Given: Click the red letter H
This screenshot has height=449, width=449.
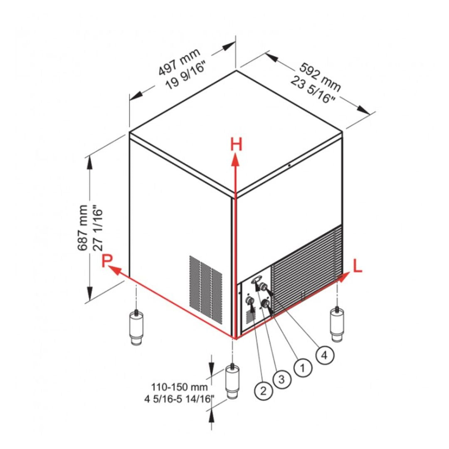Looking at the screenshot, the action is tap(236, 144).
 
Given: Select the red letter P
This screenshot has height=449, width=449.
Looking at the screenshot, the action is tap(107, 260).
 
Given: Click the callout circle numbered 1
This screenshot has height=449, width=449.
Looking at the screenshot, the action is tap(303, 367).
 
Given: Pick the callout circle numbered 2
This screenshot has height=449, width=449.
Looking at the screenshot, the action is tap(263, 390).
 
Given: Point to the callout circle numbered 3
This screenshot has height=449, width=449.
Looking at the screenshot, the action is tap(282, 379).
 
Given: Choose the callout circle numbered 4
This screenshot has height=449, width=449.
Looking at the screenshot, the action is tap(325, 355).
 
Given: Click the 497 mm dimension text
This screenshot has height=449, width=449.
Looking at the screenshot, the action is tap(179, 62).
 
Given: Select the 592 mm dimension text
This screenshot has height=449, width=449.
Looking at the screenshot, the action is tap(320, 77).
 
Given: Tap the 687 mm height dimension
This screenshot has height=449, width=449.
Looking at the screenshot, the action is tap(82, 228).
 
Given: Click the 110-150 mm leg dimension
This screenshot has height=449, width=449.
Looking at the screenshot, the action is tap(179, 387).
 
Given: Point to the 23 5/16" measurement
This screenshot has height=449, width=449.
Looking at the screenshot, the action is tap(313, 90).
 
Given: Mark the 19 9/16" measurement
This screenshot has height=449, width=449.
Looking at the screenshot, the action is tap(186, 76).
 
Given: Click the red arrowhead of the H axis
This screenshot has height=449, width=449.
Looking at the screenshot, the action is tap(236, 159).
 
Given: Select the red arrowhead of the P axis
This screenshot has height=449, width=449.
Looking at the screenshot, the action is tap(114, 270).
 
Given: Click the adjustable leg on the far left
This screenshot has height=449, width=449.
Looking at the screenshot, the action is tap(136, 327).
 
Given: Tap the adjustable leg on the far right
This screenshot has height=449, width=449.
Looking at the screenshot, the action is tap(337, 324).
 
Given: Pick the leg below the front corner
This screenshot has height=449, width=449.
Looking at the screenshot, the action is tap(232, 381).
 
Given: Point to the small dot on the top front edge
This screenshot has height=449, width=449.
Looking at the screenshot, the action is tap(289, 165).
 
